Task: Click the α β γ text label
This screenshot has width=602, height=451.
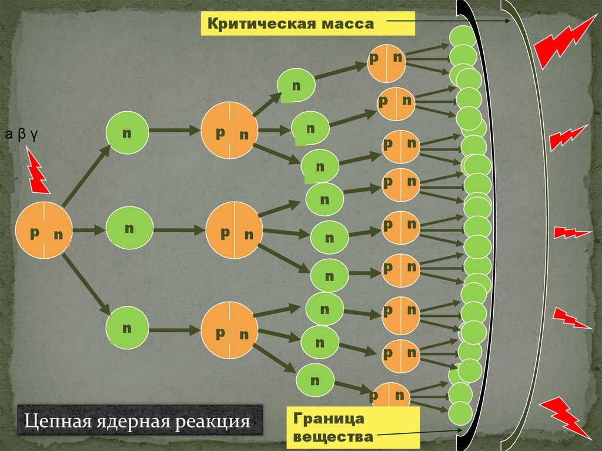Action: tap(22, 135)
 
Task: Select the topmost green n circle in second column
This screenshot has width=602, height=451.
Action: tap(127, 133)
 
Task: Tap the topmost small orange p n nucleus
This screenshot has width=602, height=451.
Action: tap(387, 63)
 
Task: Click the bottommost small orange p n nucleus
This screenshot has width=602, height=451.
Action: tap(390, 399)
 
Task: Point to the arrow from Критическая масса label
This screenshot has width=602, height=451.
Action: tap(447, 22)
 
